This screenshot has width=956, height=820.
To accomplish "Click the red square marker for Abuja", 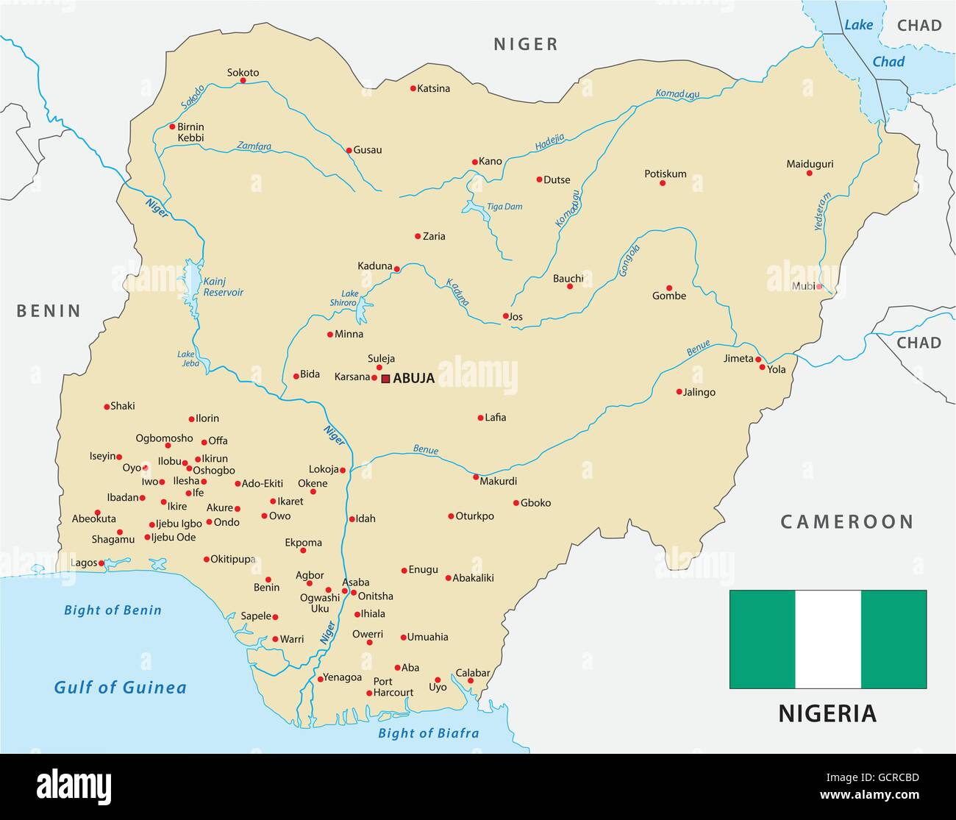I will click(x=385, y=379).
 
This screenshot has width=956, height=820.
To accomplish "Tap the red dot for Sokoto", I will click(x=243, y=80).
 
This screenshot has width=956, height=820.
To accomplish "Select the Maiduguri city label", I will click(x=810, y=164).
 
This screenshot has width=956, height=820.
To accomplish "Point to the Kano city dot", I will click(x=474, y=162).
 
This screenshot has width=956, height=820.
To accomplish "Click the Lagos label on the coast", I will click(x=83, y=563).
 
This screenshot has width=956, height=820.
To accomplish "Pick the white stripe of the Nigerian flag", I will click(x=827, y=639).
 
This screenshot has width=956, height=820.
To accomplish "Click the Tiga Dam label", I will click(x=504, y=207).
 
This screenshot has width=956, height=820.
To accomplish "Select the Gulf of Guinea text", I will click(x=120, y=688).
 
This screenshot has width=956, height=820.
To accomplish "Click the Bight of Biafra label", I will click(x=428, y=732).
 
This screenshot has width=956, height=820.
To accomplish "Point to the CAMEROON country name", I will click(x=846, y=522).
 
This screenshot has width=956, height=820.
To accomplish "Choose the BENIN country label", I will click(x=49, y=311).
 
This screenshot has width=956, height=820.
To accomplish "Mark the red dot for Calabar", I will click(x=471, y=681).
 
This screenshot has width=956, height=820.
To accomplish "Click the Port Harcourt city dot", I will click(x=369, y=693).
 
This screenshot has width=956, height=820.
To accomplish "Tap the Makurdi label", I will click(x=498, y=481).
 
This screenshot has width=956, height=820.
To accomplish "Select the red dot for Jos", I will click(x=505, y=316).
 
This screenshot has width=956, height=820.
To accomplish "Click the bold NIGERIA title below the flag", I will click(x=827, y=713).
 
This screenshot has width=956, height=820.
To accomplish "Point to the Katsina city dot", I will click(x=413, y=88).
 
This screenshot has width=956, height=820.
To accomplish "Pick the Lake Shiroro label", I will click(x=349, y=298).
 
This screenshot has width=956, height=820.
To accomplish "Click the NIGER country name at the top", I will click(x=525, y=44).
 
